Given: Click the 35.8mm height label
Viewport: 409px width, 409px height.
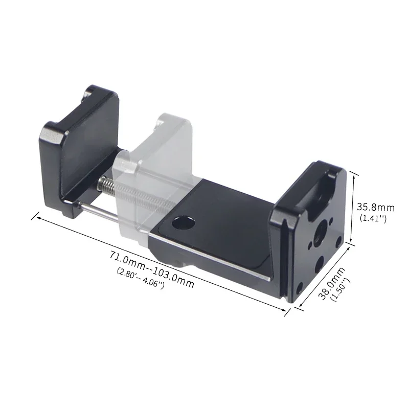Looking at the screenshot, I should coord(376,208).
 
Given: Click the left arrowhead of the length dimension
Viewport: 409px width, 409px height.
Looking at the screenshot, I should coord(34,217).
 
